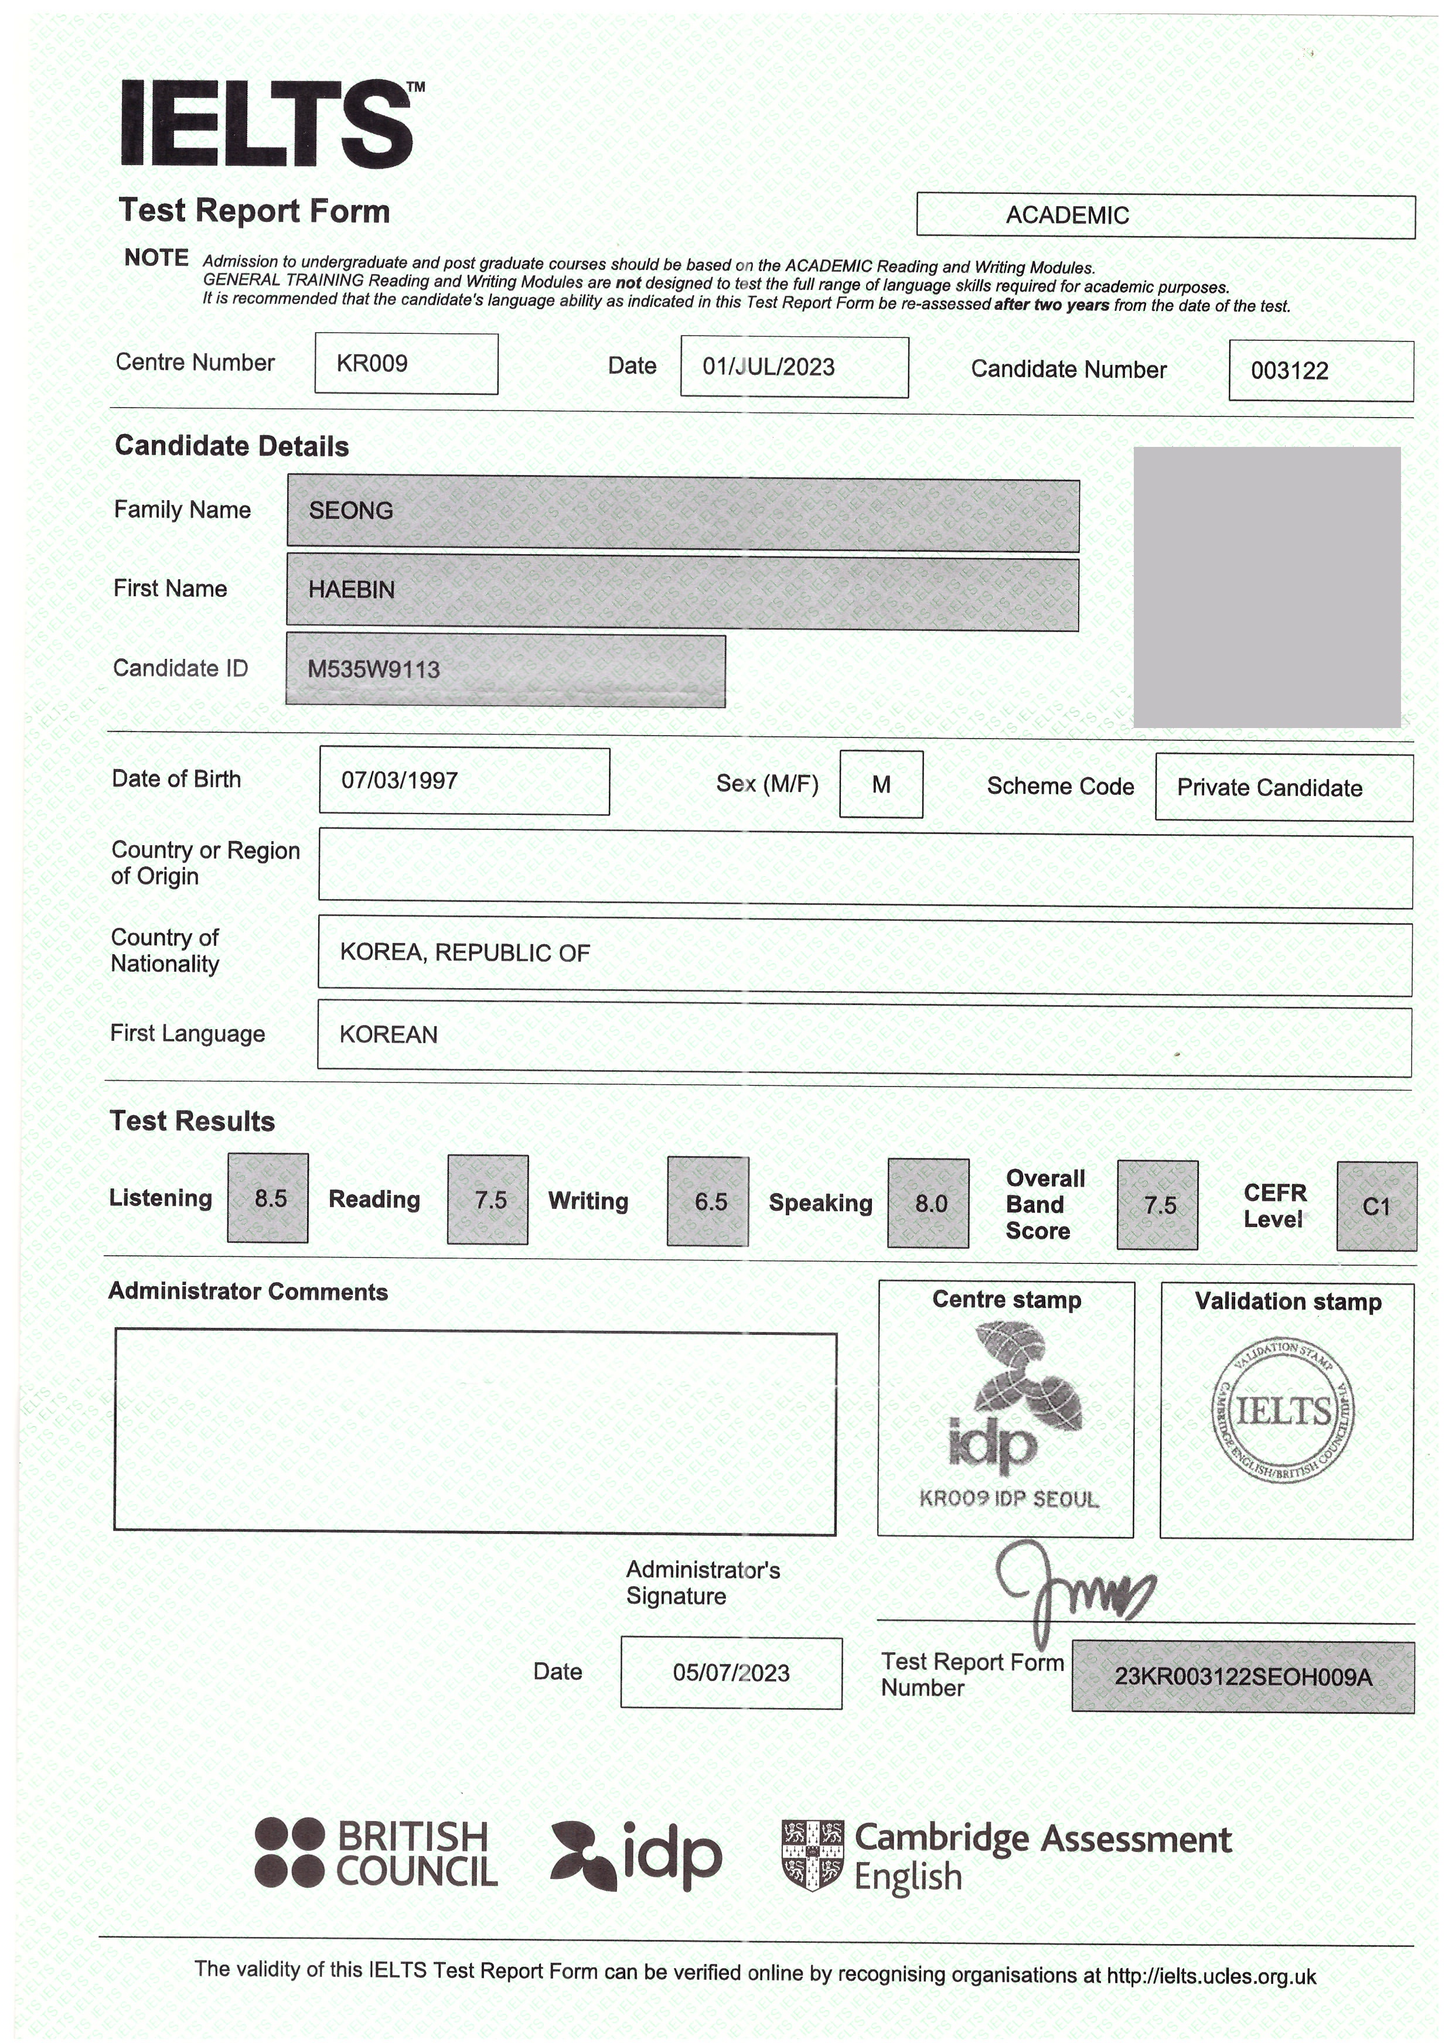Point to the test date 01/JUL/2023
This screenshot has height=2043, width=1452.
coord(769,367)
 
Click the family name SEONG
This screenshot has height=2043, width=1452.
coord(352,510)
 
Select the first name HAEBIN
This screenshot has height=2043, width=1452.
coord(352,590)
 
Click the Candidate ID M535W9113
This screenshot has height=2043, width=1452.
coord(374,669)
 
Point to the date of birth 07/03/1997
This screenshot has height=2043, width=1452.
coord(400,780)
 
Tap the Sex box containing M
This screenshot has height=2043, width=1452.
coord(881,785)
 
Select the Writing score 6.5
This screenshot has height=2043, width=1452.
coord(710,1202)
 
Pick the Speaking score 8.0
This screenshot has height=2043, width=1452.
coord(930,1204)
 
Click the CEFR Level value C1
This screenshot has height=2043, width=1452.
coord(1376,1207)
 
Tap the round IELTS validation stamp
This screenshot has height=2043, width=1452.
coord(1284,1412)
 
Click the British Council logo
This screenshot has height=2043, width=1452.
coord(376,1854)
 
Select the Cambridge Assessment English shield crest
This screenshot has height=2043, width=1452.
coord(812,1856)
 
